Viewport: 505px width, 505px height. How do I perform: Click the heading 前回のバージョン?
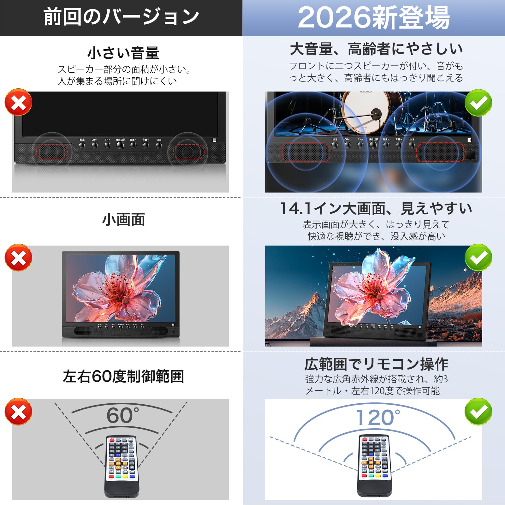[121, 17]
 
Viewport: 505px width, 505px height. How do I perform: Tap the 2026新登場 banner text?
[374, 18]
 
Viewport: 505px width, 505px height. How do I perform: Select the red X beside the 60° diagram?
[18, 411]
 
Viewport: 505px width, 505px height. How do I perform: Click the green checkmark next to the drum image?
[478, 103]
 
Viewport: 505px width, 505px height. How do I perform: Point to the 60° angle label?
[122, 415]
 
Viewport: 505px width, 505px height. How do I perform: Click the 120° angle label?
[377, 418]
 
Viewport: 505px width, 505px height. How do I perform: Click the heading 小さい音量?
[123, 53]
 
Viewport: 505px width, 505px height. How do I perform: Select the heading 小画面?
[123, 220]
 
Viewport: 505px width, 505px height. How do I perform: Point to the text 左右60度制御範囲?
[123, 376]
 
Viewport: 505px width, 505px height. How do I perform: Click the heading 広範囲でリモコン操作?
[376, 364]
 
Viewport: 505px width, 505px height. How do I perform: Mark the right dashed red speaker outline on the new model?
[440, 152]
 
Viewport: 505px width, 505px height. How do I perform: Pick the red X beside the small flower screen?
[18, 257]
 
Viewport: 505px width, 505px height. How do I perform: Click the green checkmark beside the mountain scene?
[478, 257]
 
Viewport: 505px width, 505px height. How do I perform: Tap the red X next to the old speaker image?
[18, 102]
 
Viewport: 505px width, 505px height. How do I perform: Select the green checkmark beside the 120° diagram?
[478, 411]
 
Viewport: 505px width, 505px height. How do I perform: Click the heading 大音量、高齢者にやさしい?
[376, 49]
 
